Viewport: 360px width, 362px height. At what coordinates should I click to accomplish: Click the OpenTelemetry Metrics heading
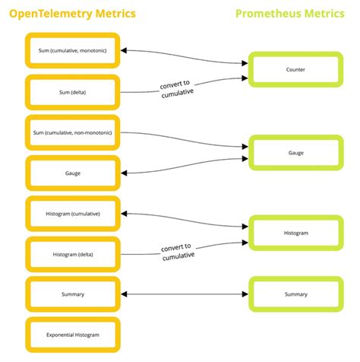coord(73,13)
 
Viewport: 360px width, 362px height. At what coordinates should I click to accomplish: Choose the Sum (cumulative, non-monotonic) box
coord(73,132)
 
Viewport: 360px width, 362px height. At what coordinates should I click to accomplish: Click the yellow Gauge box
coord(73,173)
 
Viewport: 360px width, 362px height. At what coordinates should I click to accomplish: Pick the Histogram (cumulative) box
coord(73,214)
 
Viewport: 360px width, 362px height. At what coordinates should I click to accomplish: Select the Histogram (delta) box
coord(73,254)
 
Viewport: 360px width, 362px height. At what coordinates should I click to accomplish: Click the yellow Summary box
coord(73,294)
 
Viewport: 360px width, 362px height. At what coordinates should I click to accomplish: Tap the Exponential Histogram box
coord(73,335)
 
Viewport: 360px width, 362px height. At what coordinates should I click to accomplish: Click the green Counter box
coord(295,70)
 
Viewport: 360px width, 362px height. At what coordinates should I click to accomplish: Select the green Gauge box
coord(295,153)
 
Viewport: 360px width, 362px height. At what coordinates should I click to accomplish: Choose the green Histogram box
coord(295,233)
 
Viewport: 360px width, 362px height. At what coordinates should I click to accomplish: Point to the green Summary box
coord(295,294)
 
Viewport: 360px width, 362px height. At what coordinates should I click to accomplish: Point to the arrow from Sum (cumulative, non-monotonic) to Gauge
coord(197,137)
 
